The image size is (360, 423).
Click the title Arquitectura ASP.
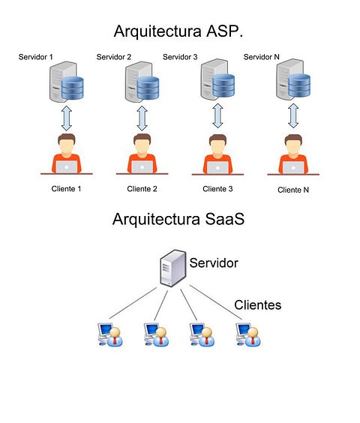(178, 31)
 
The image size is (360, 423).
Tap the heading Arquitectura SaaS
(178, 219)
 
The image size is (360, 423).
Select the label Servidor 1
(35, 57)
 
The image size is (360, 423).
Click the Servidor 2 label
(113, 57)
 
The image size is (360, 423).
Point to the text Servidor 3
(180, 57)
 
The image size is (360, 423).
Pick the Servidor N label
(261, 57)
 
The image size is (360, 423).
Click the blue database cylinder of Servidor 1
(72, 88)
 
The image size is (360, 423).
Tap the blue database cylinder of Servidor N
(299, 85)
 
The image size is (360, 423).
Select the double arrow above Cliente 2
(142, 118)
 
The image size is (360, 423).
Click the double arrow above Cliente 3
(217, 116)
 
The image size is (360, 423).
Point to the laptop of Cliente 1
(67, 167)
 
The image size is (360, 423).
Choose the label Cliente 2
(142, 189)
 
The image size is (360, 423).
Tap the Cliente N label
(293, 190)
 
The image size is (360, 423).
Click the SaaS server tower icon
(173, 268)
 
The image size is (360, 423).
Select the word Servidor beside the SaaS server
(214, 263)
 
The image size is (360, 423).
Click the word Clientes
(258, 305)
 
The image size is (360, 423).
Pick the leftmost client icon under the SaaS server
(110, 334)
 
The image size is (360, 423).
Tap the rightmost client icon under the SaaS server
(248, 334)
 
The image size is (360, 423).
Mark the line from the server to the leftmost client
(133, 303)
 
